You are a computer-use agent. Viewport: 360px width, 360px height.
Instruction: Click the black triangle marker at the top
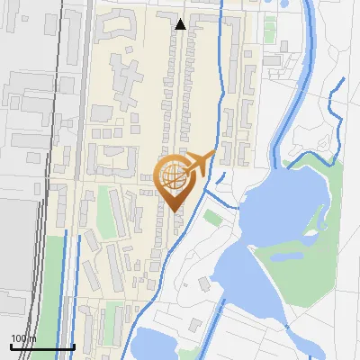coord(181,24)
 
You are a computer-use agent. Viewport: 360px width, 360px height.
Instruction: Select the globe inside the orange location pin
coord(174,174)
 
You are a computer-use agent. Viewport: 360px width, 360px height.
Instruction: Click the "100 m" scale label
coord(22,338)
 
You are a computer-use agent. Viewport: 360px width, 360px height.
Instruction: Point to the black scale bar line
coord(41,346)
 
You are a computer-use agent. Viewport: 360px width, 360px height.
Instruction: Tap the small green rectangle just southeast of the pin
coord(213,217)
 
